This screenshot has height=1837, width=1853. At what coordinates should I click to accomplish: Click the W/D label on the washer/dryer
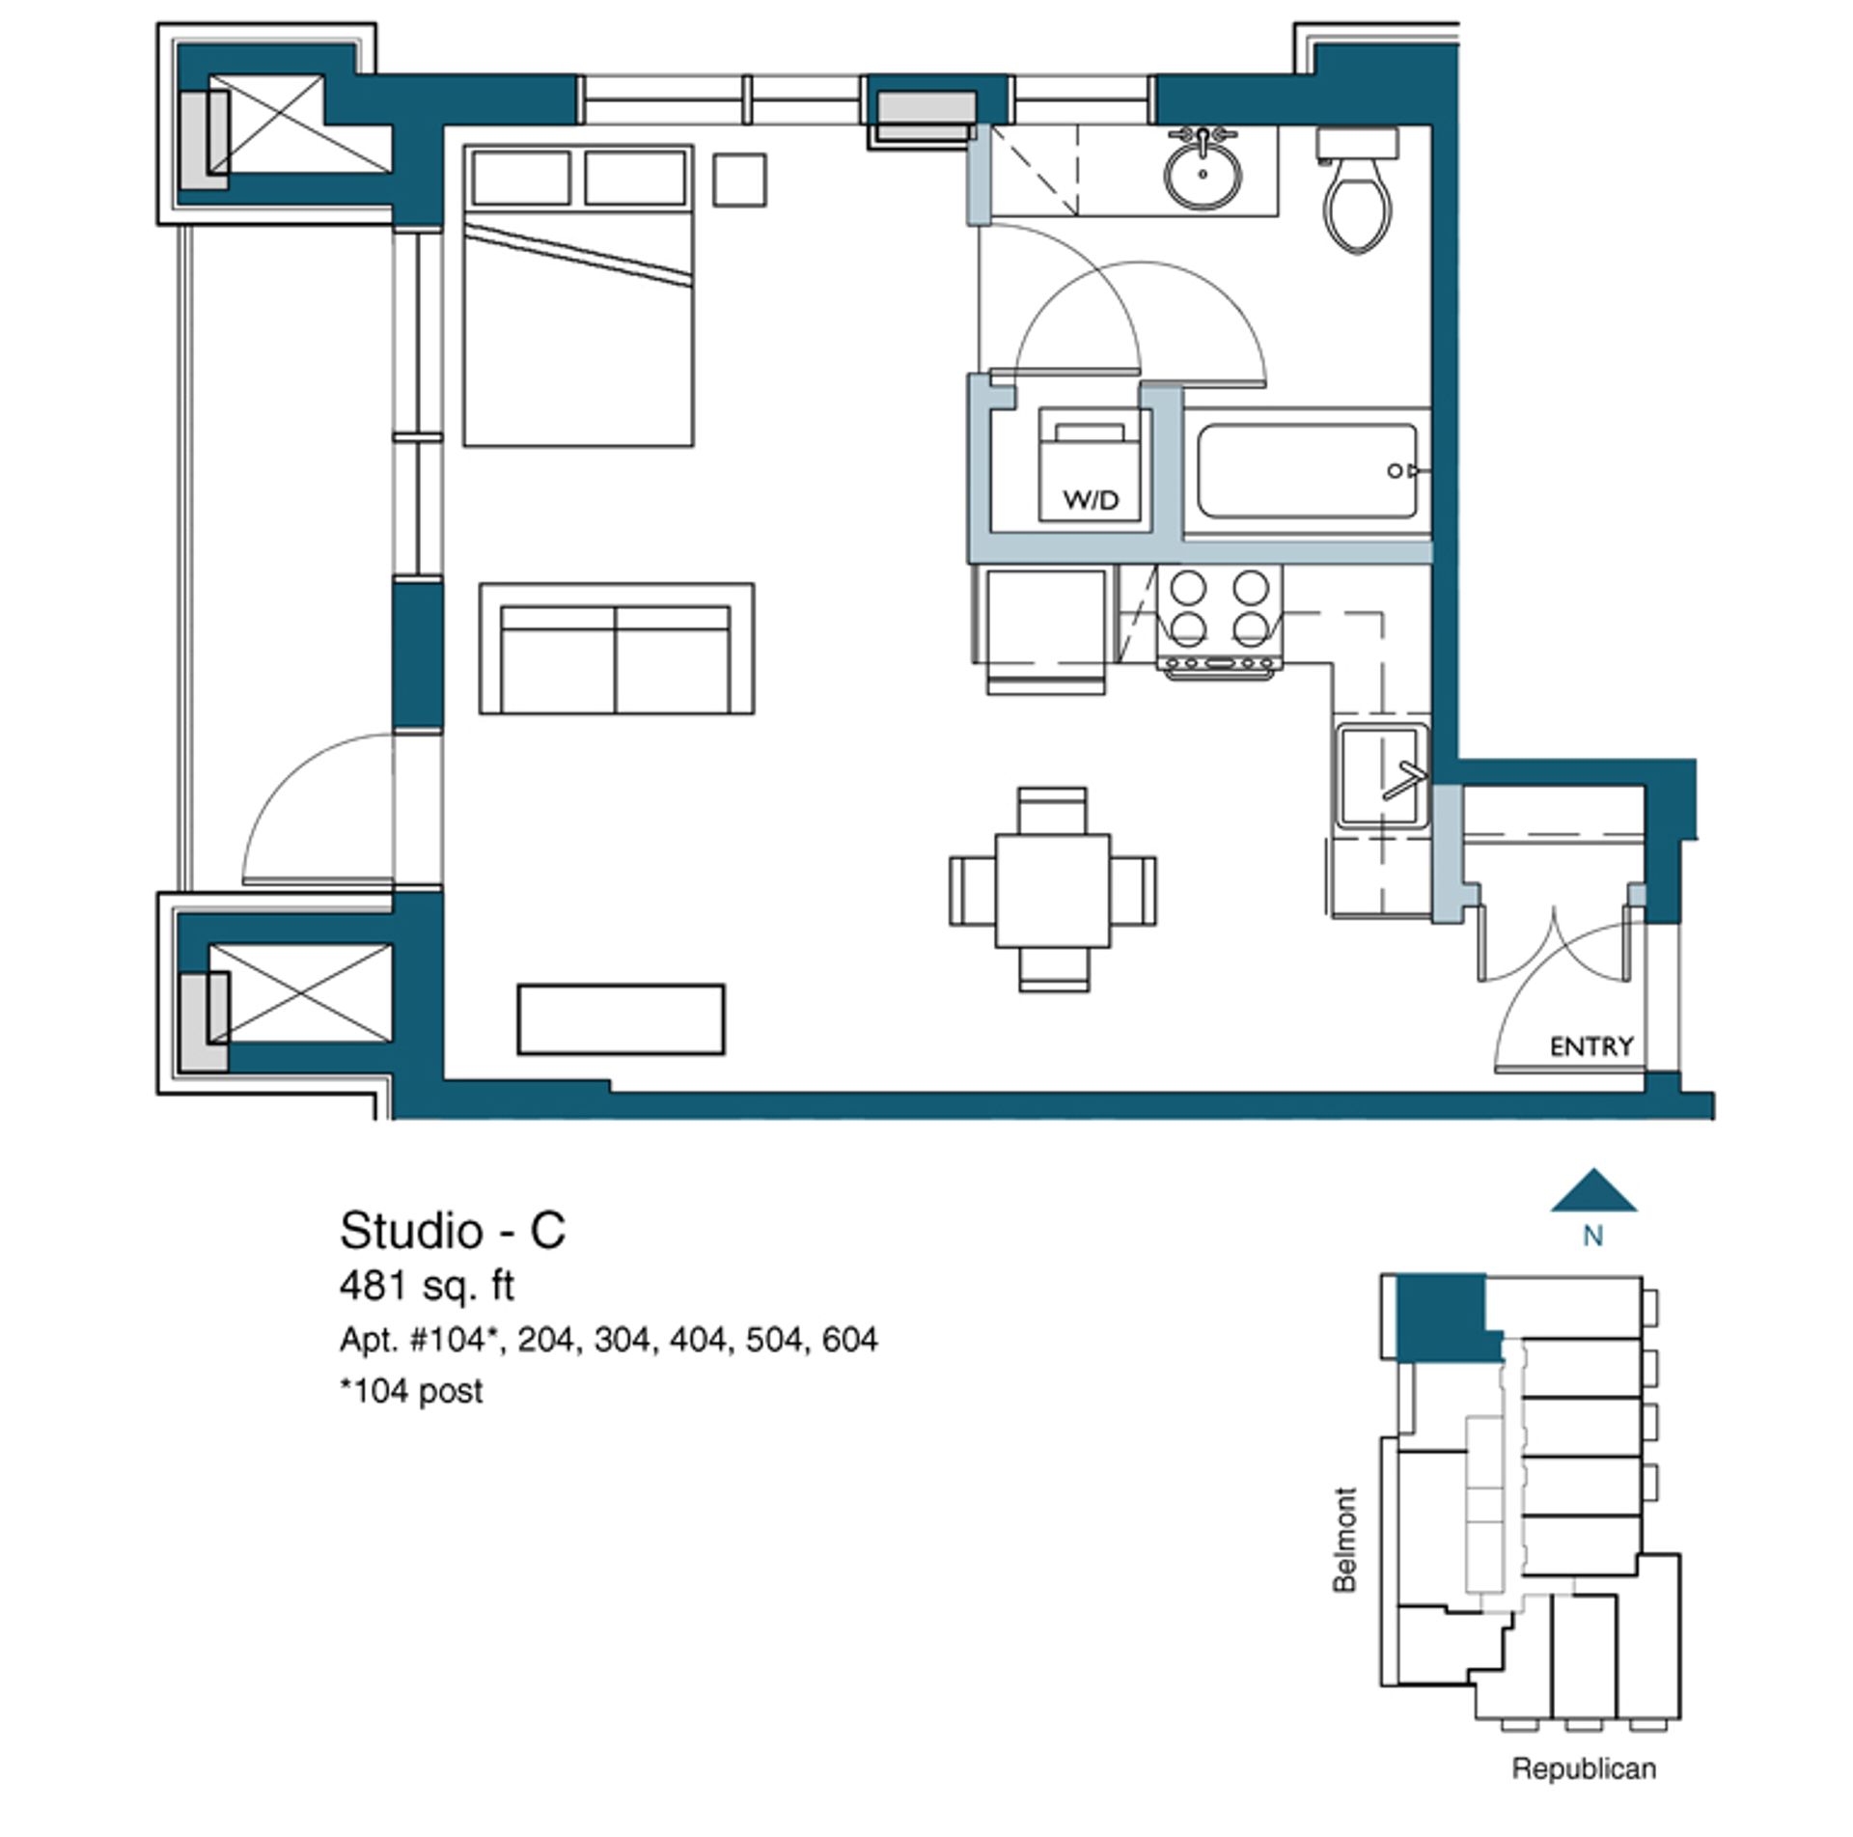click(1091, 499)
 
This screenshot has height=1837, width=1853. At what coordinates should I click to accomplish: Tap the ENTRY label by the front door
click(1591, 1045)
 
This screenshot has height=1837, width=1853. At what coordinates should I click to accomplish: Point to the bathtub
click(1308, 471)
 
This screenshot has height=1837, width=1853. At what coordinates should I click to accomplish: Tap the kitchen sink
click(1382, 775)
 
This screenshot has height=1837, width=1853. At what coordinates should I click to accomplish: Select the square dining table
click(1053, 890)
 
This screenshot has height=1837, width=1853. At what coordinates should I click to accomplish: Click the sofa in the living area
click(617, 649)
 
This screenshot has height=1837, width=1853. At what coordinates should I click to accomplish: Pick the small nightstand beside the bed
click(740, 180)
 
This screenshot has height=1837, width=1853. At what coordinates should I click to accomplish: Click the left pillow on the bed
click(520, 177)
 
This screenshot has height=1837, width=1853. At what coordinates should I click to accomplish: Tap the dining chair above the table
click(1053, 811)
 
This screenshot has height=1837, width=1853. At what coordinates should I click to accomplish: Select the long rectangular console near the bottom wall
click(621, 1019)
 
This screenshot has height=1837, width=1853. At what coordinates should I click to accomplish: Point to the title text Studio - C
click(453, 1231)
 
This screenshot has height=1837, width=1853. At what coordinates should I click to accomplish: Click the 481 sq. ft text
click(427, 1286)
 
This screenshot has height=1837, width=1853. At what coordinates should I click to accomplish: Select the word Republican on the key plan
click(1584, 1768)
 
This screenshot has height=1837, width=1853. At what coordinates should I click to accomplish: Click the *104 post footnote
click(411, 1391)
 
